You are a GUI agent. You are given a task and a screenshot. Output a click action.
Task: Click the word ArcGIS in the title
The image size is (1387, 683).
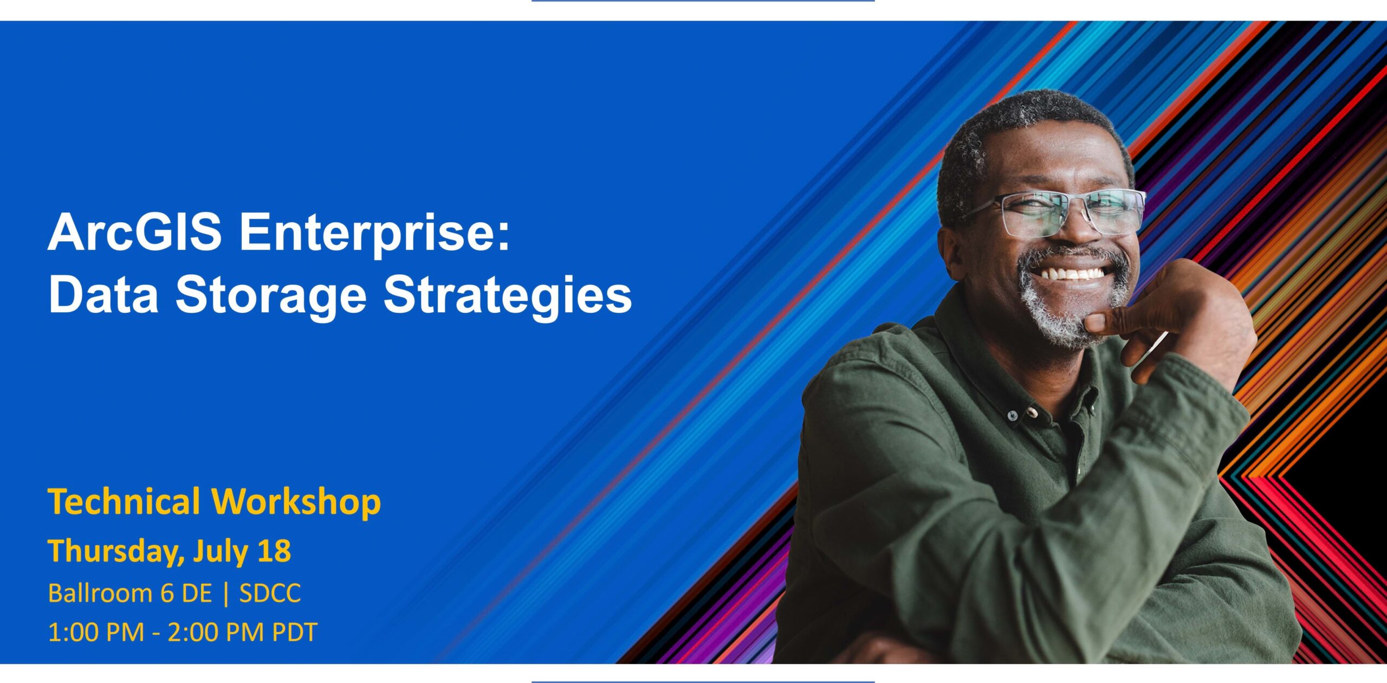[x=135, y=232]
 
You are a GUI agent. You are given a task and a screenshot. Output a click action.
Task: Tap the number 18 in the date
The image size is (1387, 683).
[x=274, y=551]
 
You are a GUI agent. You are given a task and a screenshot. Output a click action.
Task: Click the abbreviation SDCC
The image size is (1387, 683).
[x=270, y=594]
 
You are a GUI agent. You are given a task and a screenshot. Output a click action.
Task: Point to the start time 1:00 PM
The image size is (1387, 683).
[x=96, y=633]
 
